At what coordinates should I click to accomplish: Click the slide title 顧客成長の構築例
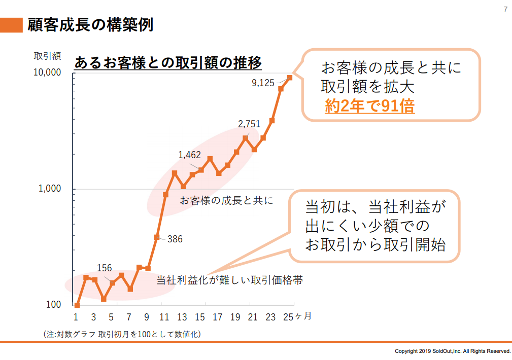[91, 24]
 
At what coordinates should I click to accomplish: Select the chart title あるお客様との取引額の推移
[168, 63]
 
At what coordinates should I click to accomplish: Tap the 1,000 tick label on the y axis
[49, 189]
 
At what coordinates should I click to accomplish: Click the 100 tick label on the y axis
[53, 305]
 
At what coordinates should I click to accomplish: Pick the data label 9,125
[263, 83]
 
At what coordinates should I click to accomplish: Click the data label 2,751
[249, 124]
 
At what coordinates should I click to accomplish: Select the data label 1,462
[190, 155]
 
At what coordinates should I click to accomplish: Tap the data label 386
[175, 239]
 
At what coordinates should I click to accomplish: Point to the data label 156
[104, 268]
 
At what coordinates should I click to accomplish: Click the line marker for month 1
[77, 305]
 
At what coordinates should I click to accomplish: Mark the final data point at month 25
[290, 78]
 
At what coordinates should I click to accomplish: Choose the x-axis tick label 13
[182, 317]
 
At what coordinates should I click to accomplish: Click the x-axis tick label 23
[270, 317]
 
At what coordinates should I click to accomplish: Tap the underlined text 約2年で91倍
[369, 106]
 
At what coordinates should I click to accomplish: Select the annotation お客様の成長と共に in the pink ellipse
[226, 201]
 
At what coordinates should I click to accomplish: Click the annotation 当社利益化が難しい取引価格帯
[229, 280]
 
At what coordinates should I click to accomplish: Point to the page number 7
[505, 9]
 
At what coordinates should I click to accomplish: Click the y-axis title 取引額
[48, 55]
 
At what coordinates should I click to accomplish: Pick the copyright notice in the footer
[453, 351]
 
